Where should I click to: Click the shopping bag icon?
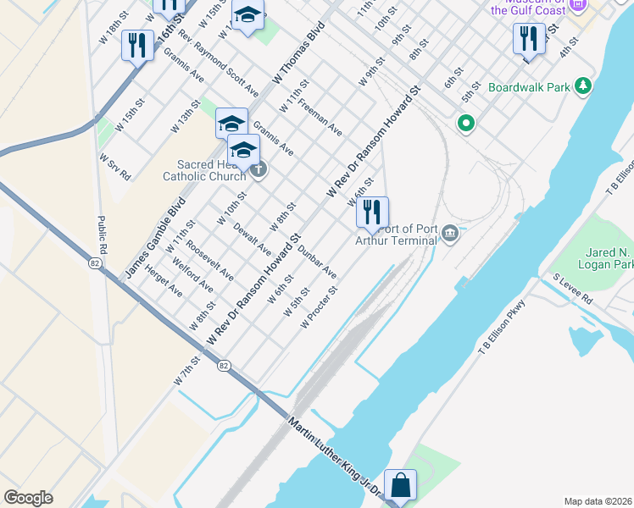click(400, 486)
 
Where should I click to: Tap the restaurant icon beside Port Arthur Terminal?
click(371, 213)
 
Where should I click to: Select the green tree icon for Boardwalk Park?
click(582, 86)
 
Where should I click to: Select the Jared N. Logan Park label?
click(610, 258)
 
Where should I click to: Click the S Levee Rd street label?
click(573, 288)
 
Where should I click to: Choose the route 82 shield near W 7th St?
click(223, 365)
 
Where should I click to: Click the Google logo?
click(29, 498)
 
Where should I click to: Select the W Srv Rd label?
click(114, 167)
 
